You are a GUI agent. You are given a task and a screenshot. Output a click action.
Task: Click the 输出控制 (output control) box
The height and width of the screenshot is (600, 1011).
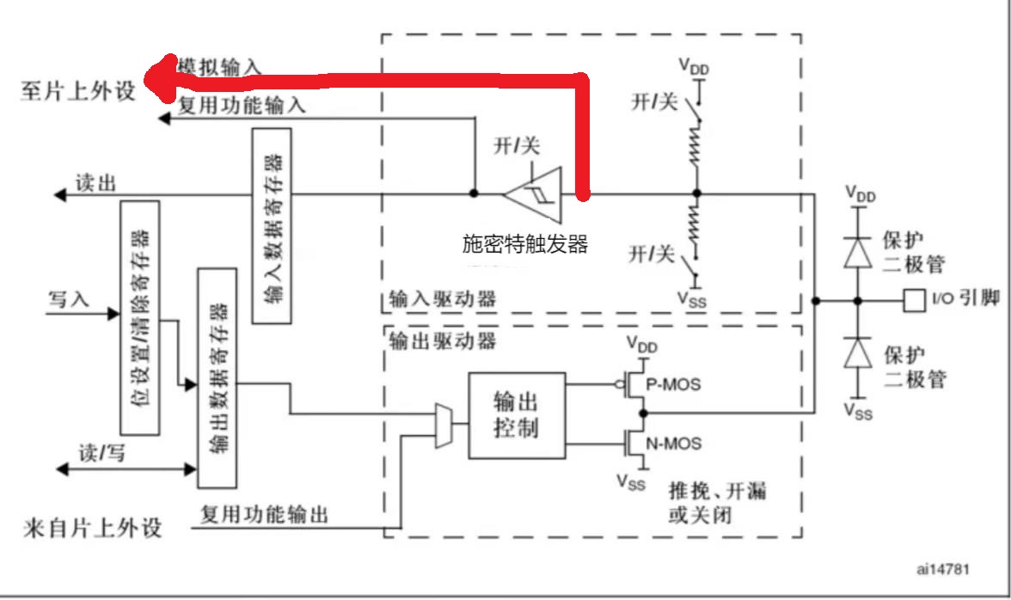tap(517, 415)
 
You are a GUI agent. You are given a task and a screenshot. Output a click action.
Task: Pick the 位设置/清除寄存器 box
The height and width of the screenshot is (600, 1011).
tap(140, 318)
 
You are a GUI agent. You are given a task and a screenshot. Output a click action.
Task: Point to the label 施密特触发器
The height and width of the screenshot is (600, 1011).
tap(524, 245)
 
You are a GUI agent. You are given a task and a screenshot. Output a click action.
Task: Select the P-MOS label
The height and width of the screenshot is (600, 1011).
tap(675, 384)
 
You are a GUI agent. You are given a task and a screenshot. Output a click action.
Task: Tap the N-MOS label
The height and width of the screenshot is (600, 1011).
tap(675, 444)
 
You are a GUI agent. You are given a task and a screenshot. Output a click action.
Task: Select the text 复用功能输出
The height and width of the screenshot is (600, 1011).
tap(264, 515)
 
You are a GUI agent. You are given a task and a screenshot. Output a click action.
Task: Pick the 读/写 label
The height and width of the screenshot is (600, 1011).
tap(101, 453)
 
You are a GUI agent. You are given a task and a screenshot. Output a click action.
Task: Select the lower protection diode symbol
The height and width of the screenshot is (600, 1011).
tap(856, 352)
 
